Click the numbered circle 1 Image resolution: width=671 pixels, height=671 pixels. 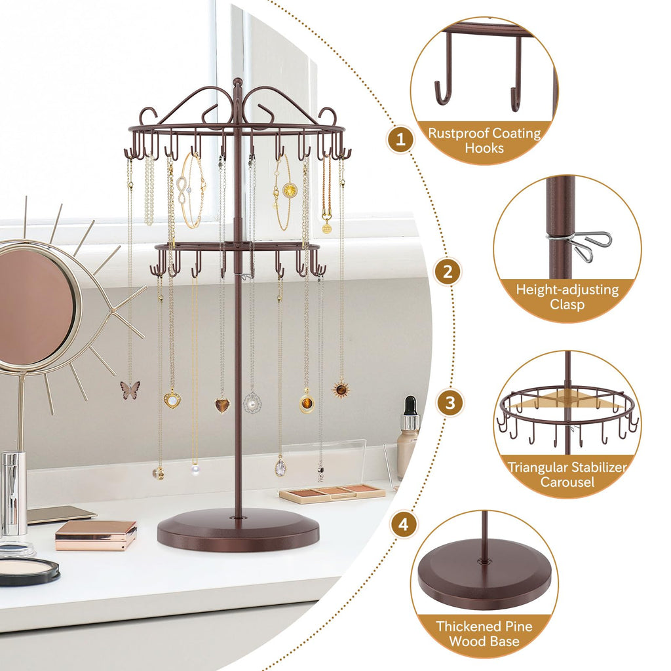(x=401, y=140)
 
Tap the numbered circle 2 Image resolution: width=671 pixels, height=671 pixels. (x=448, y=271)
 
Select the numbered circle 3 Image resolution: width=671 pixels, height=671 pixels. (x=450, y=403)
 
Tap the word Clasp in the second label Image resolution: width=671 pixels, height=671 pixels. (x=567, y=304)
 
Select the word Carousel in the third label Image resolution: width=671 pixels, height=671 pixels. (x=567, y=482)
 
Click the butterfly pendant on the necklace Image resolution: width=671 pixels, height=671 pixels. (x=130, y=390)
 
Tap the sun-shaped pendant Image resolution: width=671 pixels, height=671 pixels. (x=340, y=389)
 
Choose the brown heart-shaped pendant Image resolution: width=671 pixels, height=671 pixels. (x=222, y=405)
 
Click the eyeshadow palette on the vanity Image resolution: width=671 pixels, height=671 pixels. (x=332, y=493)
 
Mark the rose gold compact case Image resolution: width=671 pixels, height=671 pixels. (x=96, y=533)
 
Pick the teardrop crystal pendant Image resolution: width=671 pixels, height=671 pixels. (x=280, y=467)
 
